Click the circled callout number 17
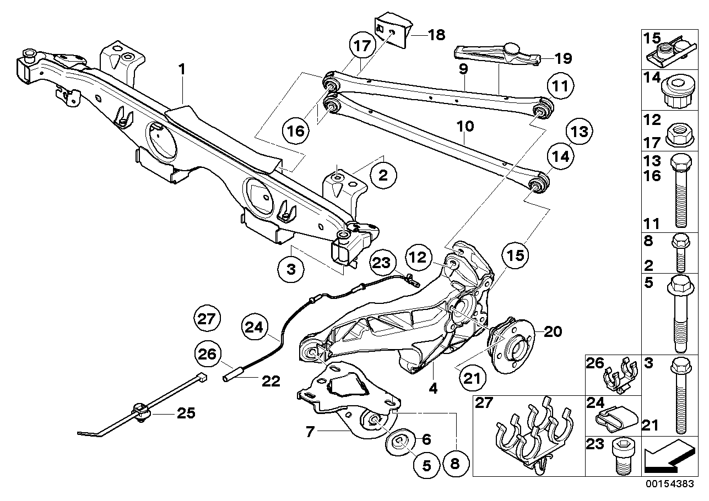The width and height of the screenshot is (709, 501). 362,46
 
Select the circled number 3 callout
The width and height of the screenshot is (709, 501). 291,270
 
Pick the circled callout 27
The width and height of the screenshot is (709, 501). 208,318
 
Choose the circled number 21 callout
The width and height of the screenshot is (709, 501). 472,378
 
